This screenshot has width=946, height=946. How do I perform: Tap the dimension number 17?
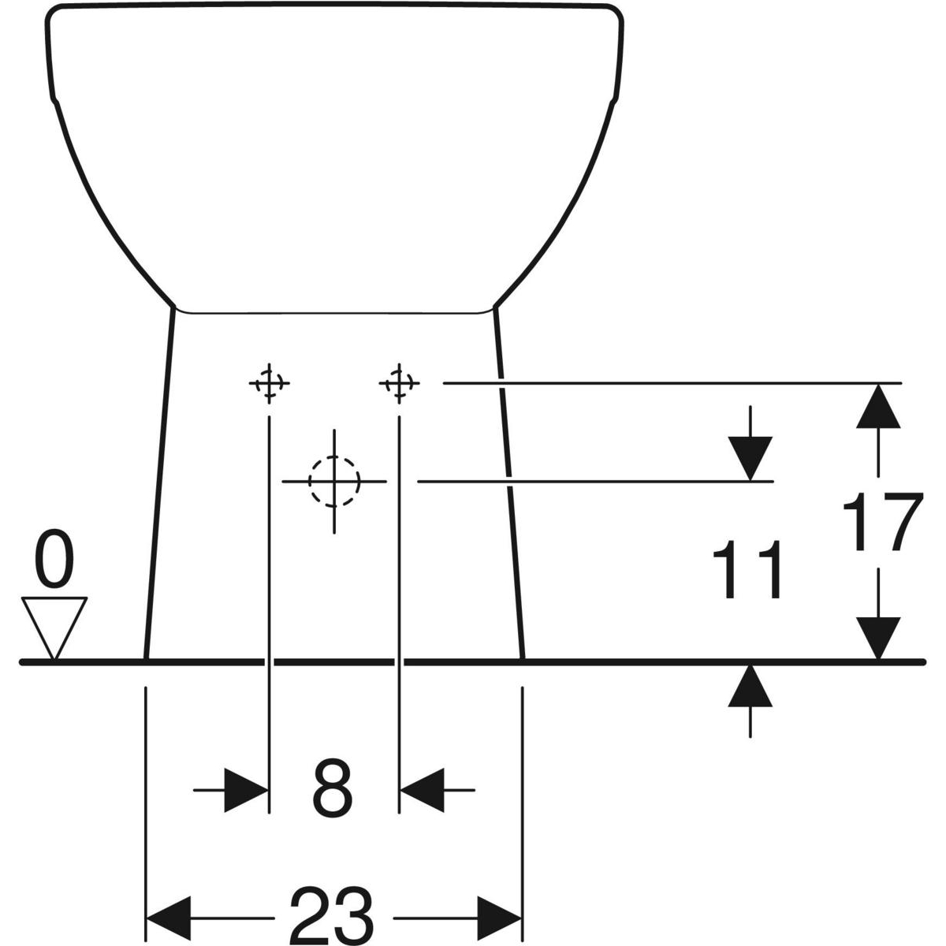tap(882, 522)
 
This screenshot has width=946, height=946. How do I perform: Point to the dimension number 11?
tap(747, 569)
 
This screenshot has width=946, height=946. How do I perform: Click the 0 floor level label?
tap(55, 557)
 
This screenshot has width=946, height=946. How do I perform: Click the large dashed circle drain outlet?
tap(334, 482)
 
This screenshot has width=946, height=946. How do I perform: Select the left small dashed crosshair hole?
tap(269, 383)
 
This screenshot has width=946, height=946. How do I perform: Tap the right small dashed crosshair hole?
tap(399, 383)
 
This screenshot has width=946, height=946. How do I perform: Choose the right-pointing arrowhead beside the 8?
tap(247, 791)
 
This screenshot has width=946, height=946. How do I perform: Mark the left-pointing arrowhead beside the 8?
tap(423, 791)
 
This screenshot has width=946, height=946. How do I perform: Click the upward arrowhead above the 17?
tap(878, 407)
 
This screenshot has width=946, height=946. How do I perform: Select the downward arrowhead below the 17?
tap(878, 639)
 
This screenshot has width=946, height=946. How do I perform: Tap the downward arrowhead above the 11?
tap(750, 459)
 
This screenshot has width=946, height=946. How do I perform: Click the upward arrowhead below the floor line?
tap(750, 686)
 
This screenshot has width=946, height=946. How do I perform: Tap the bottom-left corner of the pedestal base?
tap(146, 659)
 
